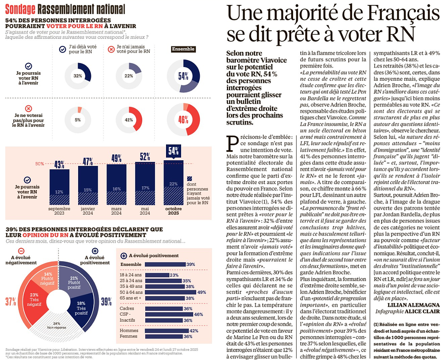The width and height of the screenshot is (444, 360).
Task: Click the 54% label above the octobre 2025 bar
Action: point(174,150)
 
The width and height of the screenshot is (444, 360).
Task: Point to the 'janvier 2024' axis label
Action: point(88,210)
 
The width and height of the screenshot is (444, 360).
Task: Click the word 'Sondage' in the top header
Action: point(20,9)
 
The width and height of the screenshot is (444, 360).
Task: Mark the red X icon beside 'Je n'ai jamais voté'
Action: point(111,49)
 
